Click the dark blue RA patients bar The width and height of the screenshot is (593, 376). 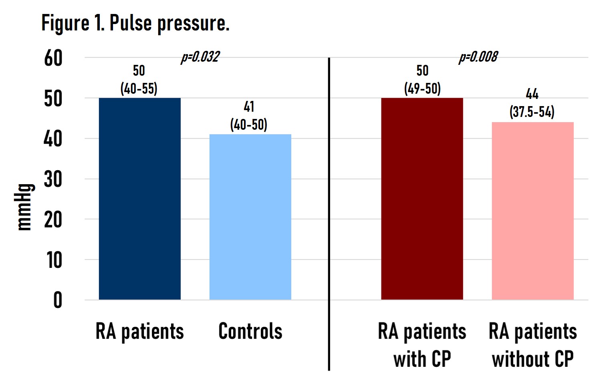139,199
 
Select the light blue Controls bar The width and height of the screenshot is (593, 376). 250,217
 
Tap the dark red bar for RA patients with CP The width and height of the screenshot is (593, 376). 422,199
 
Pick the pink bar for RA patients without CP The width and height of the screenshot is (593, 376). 532,211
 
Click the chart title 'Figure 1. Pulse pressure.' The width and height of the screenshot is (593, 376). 135,23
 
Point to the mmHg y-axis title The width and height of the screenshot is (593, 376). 25,207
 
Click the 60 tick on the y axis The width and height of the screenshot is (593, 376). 53,58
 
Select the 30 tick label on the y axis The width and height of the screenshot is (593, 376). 53,180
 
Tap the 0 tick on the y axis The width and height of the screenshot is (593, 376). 58,300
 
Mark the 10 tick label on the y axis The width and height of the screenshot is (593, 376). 54,261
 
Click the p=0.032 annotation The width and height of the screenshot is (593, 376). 200,57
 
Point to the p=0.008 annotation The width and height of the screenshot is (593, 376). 478,57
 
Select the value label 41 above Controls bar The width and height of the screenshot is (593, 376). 249,107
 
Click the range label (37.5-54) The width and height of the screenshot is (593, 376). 532,112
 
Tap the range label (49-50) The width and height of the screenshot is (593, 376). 422,88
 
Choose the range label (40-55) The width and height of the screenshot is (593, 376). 139,88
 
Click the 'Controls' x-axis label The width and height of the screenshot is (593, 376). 250,332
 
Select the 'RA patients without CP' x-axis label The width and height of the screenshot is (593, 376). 532,345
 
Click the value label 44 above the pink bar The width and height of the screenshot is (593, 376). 532,94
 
